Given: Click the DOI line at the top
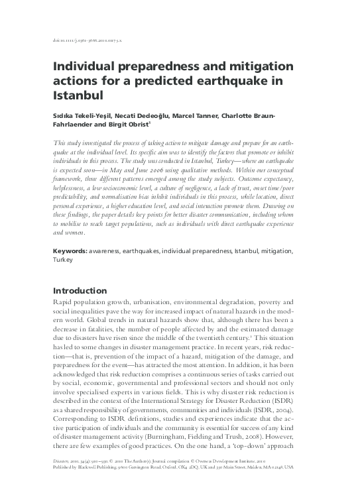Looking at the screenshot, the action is tap(86, 40).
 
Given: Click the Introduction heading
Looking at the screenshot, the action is tap(80, 290).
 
